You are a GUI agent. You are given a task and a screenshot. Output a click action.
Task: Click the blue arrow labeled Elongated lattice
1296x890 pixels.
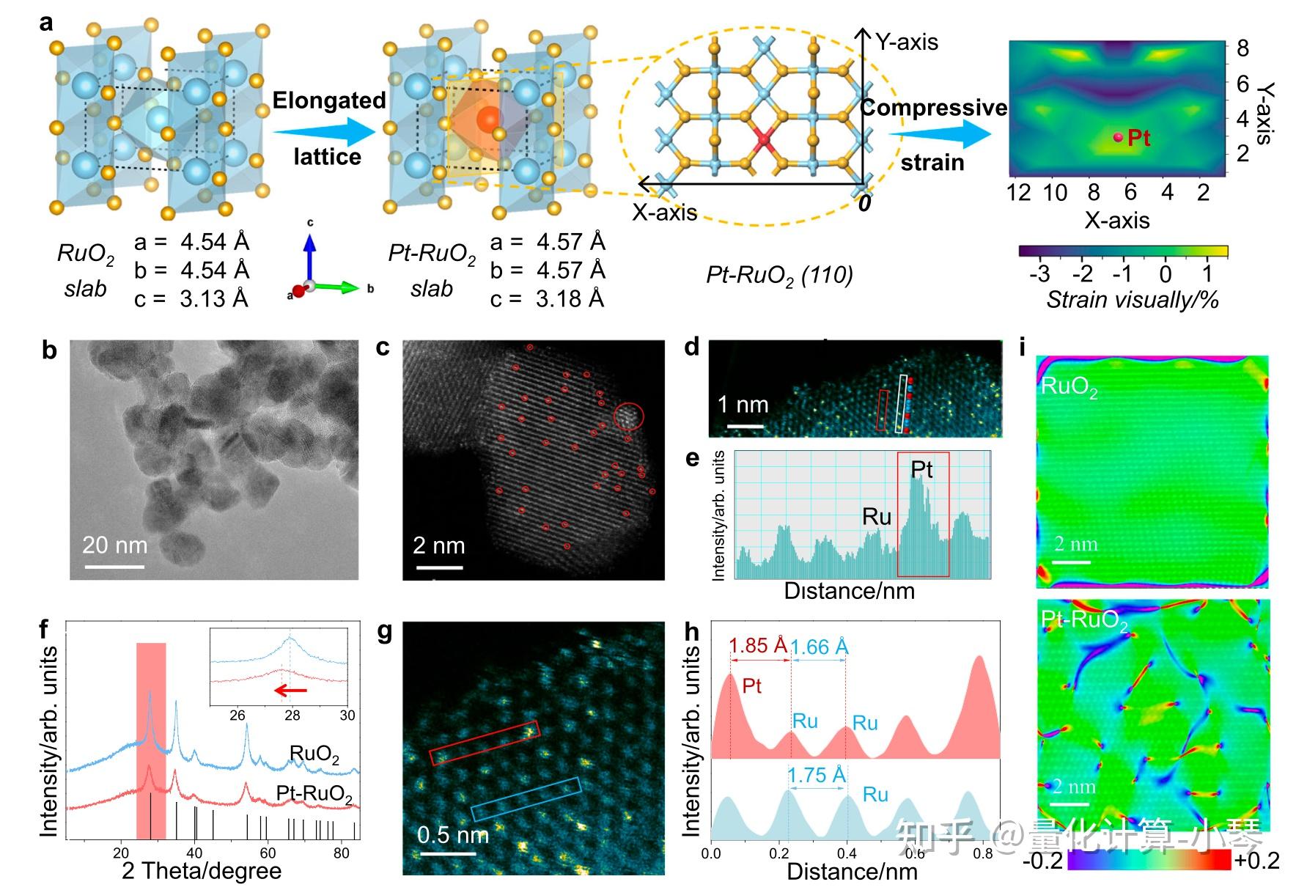(323, 131)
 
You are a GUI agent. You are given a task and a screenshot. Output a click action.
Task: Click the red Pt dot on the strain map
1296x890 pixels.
(1118, 137)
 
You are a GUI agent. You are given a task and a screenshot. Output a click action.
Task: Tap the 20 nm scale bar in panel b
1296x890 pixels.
(114, 566)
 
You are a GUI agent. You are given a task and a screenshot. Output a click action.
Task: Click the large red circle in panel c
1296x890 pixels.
(628, 416)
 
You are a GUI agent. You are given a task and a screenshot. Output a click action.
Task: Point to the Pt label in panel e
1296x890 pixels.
(921, 469)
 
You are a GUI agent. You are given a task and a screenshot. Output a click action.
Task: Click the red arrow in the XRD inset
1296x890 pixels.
(291, 690)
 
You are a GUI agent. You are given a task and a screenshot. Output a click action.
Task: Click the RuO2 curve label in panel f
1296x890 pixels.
(314, 754)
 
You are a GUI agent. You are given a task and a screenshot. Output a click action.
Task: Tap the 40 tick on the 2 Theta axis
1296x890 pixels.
(194, 853)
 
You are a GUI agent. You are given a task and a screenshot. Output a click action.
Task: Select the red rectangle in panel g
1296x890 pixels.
(484, 743)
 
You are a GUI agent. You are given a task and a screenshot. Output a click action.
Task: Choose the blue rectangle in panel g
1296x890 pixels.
(526, 798)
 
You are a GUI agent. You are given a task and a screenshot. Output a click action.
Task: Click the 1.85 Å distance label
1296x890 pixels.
(758, 646)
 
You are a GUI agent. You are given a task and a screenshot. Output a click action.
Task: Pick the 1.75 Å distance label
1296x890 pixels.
(816, 775)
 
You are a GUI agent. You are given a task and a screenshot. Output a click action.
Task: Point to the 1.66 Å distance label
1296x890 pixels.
(820, 647)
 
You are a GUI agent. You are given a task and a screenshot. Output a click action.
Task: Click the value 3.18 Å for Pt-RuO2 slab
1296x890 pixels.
(570, 299)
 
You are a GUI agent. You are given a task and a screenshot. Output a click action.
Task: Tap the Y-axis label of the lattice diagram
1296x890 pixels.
(907, 43)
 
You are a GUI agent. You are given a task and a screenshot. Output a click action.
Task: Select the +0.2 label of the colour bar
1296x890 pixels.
(1257, 860)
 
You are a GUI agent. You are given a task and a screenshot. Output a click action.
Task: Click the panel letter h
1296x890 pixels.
(691, 632)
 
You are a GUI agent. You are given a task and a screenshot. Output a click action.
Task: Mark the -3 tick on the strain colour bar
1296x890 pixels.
(1039, 273)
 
